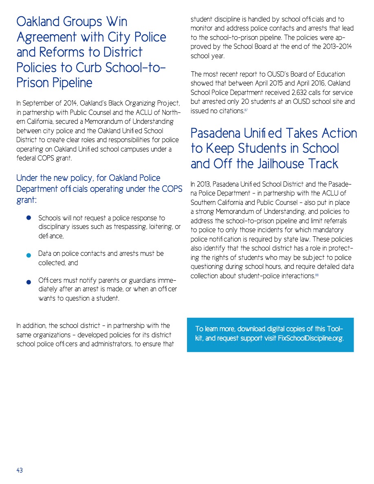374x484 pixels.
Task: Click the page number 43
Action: tap(20, 470)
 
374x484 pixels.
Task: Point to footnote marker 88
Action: tap(317, 275)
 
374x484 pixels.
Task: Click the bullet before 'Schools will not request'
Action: tap(29, 218)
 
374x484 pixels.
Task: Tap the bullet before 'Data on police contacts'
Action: tap(29, 255)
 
